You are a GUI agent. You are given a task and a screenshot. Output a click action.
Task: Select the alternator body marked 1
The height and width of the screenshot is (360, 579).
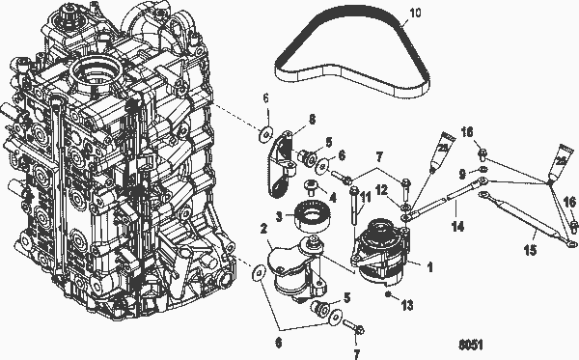pyautogui.click(x=382, y=253)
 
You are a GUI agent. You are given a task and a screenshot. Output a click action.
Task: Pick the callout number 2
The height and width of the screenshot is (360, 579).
pyautogui.click(x=263, y=229)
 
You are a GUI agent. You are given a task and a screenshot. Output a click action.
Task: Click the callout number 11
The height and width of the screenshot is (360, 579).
pyautogui.click(x=366, y=198)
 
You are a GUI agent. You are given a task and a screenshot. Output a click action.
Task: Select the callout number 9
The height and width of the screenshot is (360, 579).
pyautogui.click(x=461, y=174)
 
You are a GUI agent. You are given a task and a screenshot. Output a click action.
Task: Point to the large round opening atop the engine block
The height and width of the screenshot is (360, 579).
pyautogui.click(x=101, y=69)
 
